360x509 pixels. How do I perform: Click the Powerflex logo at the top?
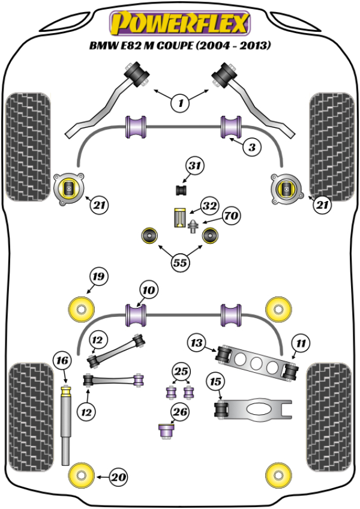click(178, 23)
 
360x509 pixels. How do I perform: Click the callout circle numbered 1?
click(179, 103)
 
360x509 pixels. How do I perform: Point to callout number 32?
click(209, 206)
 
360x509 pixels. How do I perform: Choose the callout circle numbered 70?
click(230, 214)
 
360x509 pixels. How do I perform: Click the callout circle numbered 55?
click(179, 262)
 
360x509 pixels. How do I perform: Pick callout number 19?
click(98, 277)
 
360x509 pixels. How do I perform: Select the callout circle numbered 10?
click(148, 291)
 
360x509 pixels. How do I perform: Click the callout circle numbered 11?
click(300, 343)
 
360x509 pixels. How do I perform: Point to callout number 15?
click(214, 381)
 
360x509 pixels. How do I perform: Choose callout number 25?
click(180, 371)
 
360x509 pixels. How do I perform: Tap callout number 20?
click(119, 477)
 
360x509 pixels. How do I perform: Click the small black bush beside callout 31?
click(181, 190)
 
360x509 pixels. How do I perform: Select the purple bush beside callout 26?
click(166, 431)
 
